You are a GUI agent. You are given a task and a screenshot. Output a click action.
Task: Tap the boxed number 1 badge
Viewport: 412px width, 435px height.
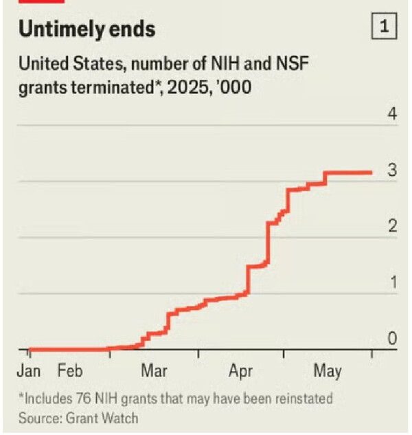click(x=383, y=27)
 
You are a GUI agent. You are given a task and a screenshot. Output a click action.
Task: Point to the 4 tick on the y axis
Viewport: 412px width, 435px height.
click(x=392, y=113)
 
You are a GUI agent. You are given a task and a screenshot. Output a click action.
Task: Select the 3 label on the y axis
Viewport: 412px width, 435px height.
click(x=392, y=171)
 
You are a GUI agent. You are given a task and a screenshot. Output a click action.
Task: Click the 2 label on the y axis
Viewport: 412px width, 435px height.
click(x=392, y=226)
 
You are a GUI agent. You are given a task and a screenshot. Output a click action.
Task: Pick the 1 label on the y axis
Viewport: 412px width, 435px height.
click(x=392, y=282)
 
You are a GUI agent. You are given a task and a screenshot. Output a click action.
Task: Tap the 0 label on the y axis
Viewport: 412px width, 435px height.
click(x=392, y=337)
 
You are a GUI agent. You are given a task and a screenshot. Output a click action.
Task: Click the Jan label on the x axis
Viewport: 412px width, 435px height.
click(x=30, y=372)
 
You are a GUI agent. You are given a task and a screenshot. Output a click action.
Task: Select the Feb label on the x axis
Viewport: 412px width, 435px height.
click(x=70, y=372)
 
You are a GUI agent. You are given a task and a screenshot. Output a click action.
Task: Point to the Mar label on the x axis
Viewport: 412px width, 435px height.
click(x=154, y=372)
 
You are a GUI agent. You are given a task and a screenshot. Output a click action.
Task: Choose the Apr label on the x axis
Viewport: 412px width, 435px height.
click(x=241, y=372)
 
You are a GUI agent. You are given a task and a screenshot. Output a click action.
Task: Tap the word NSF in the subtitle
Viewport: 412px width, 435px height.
click(x=251, y=65)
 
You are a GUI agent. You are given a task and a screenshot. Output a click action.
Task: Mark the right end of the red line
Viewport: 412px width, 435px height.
click(x=371, y=172)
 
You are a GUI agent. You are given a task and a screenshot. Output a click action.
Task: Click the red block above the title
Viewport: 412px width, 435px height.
click(x=41, y=1)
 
